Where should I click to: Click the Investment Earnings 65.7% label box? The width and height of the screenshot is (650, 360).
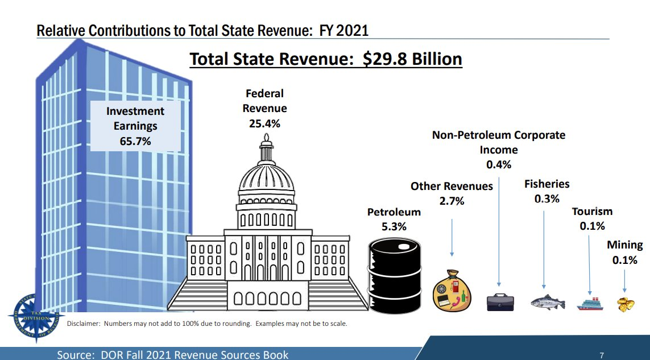coord(135,126)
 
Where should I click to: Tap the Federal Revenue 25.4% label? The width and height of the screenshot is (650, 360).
coord(264,108)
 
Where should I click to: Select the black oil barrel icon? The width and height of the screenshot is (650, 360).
coord(395,274)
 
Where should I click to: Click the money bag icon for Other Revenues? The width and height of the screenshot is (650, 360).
coord(453,290)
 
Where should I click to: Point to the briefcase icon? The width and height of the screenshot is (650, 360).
coord(500,301)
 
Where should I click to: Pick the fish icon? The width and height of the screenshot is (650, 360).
coord(547,302)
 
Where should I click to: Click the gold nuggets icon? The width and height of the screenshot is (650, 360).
coord(626,304)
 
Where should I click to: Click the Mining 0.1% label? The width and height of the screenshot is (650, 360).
coord(624,252)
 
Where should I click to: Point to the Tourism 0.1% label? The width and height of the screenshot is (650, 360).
coord(592,218)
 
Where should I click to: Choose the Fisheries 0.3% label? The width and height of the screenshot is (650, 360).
coord(547,191)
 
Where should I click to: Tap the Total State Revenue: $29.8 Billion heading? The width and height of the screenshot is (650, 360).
coord(325,59)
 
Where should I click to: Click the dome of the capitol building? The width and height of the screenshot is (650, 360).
coord(267,176)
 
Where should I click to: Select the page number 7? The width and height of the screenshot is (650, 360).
coord(602,355)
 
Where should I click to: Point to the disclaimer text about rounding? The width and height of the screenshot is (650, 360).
coord(207,324)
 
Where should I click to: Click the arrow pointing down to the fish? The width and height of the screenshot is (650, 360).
coord(544,250)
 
